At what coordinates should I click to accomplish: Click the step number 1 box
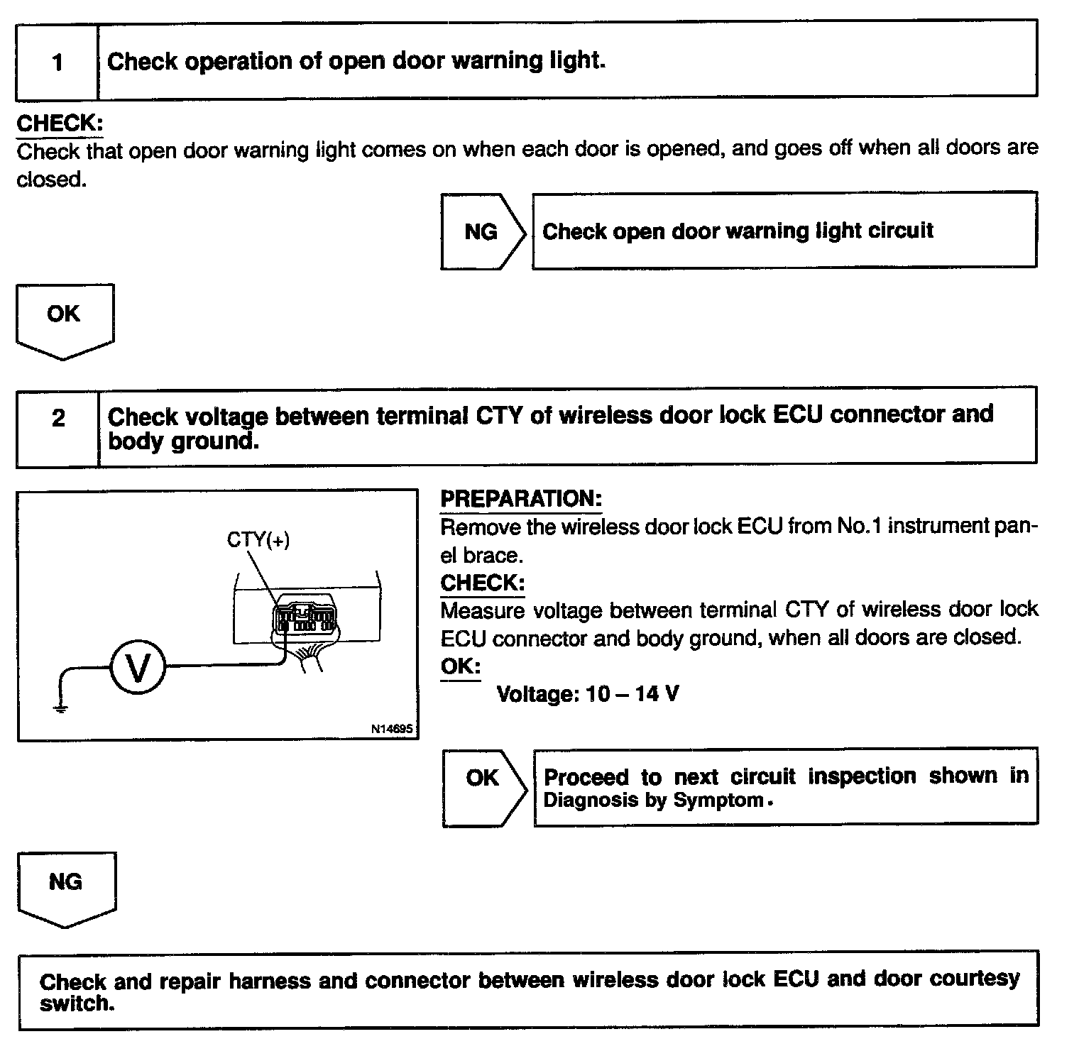point(57,62)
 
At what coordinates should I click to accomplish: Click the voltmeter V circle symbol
point(137,668)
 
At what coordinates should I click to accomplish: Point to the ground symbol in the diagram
point(61,707)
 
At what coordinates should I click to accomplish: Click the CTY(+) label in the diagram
point(258,540)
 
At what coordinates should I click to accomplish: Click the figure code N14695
point(391,729)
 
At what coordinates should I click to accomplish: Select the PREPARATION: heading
point(521,499)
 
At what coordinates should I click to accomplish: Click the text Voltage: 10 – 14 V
point(588,693)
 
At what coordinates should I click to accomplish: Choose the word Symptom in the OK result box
point(718,801)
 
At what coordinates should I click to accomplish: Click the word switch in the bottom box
point(77,1004)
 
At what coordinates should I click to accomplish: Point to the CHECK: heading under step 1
point(60,123)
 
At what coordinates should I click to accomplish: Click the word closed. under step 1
point(51,180)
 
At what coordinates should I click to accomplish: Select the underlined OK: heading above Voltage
point(460,666)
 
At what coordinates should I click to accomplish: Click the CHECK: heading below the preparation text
point(483,583)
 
